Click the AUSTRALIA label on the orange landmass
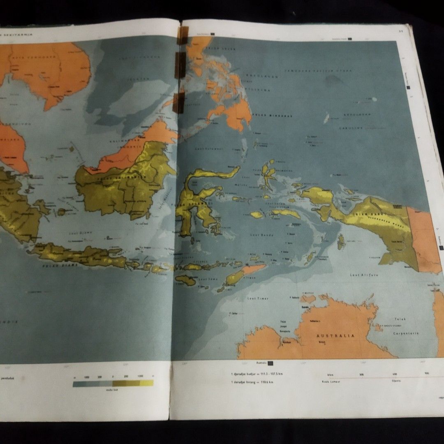[x=335, y=336]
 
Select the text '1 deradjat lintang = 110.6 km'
[x=252, y=382]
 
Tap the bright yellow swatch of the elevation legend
[x=146, y=383]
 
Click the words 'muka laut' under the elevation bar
[x=112, y=390]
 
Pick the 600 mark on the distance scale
[x=394, y=373]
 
